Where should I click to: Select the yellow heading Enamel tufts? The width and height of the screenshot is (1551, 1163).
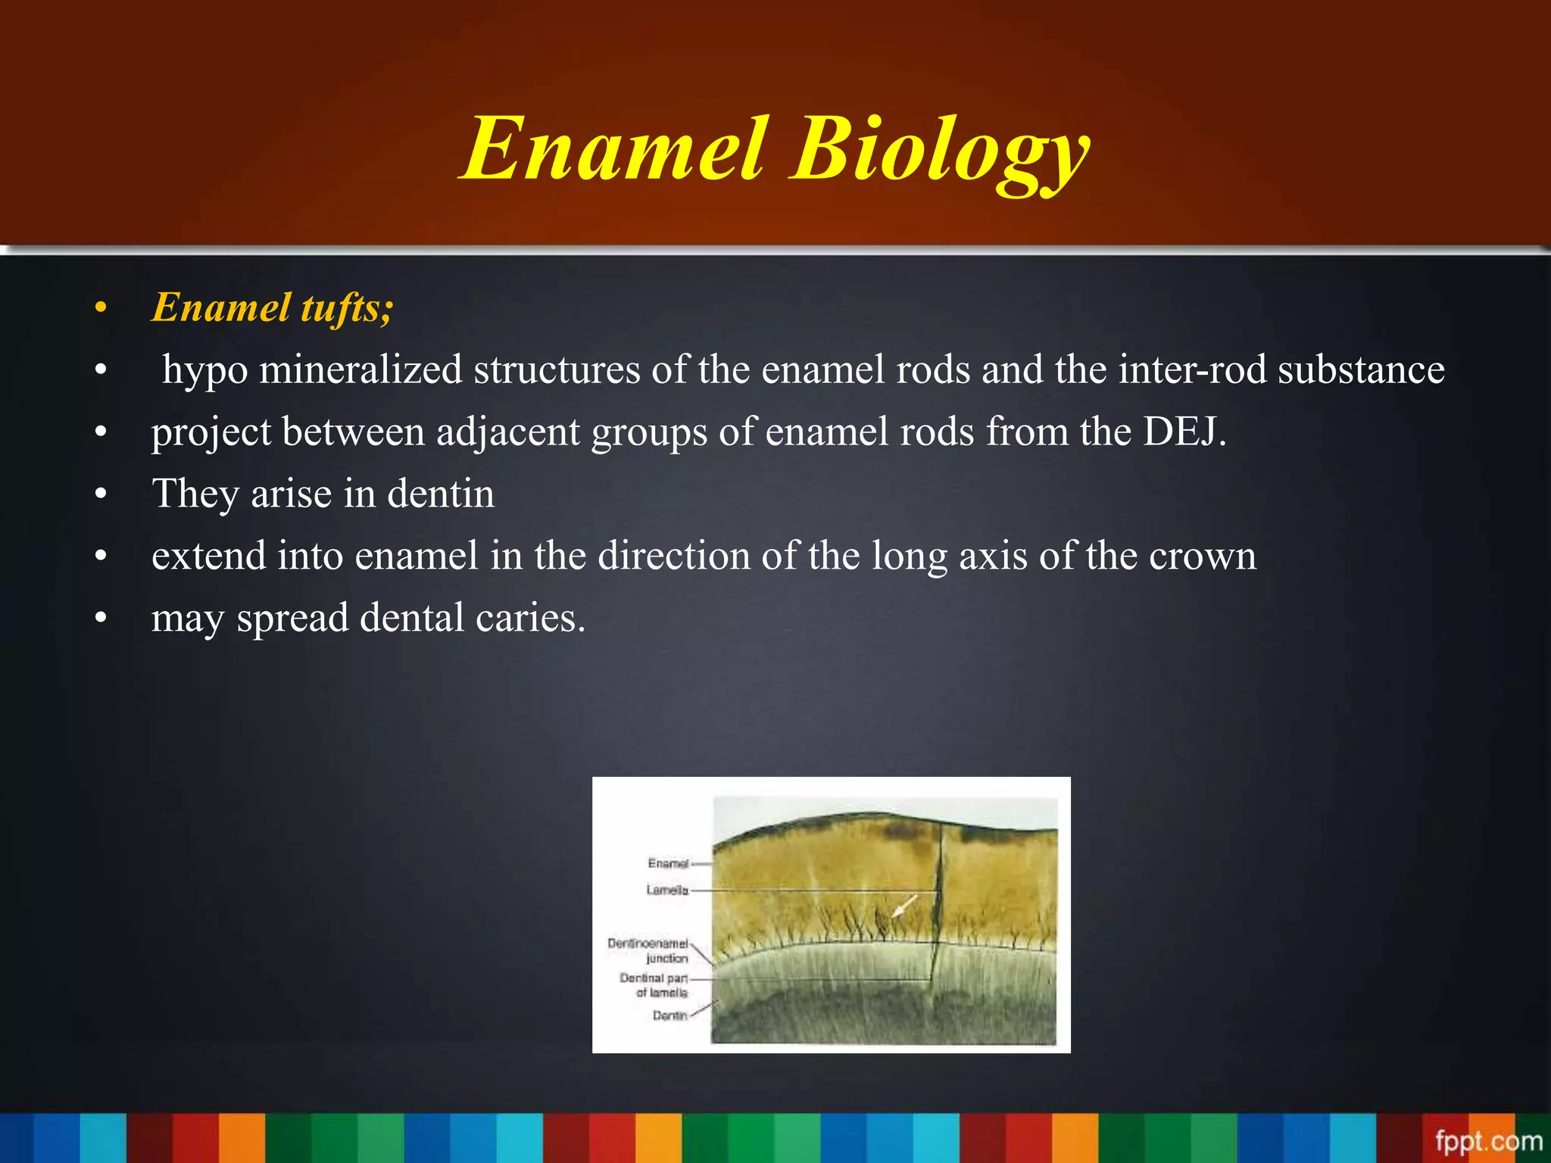click(x=273, y=308)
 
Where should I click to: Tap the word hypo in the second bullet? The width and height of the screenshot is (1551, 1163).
click(x=205, y=371)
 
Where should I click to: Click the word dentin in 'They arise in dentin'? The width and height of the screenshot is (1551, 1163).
click(x=441, y=494)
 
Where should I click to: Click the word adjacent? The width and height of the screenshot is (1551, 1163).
click(x=507, y=432)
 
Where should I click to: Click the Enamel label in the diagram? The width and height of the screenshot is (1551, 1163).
click(x=668, y=863)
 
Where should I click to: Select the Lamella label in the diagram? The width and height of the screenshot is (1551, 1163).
click(x=667, y=890)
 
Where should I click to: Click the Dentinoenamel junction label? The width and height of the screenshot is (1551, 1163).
click(x=649, y=951)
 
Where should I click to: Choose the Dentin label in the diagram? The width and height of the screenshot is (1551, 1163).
click(x=669, y=1015)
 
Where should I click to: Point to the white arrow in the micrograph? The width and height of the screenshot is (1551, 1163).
click(x=904, y=906)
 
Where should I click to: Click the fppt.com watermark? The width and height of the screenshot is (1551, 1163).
click(x=1487, y=1140)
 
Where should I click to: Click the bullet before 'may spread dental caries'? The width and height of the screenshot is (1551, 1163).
click(x=101, y=618)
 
